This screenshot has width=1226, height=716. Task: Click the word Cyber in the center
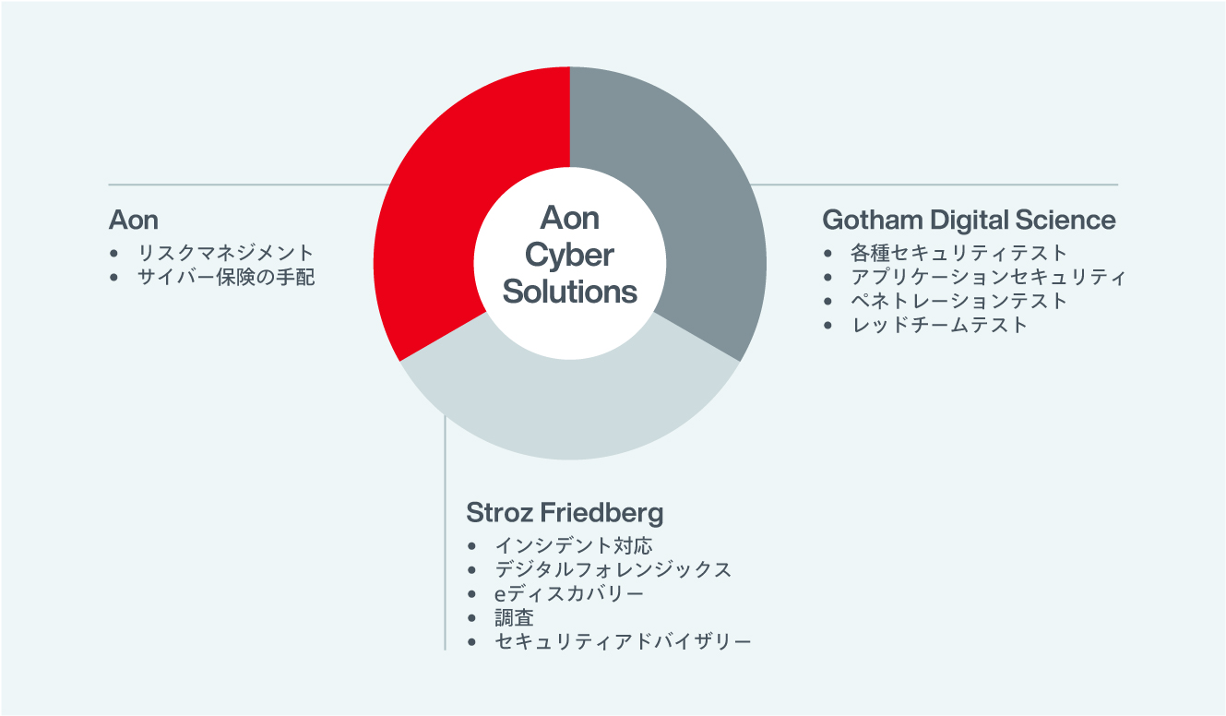click(x=569, y=256)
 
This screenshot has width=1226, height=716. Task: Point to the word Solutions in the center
click(x=570, y=292)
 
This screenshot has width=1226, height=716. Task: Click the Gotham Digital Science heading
click(x=969, y=220)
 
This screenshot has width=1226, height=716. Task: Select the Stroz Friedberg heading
click(x=565, y=513)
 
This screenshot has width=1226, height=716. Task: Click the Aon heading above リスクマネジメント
click(x=134, y=220)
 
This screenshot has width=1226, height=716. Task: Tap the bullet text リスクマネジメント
click(x=225, y=253)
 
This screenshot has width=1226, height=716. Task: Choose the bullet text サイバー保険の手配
click(x=225, y=277)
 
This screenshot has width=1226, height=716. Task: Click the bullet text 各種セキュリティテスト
click(x=958, y=253)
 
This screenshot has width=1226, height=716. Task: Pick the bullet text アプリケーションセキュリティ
click(x=988, y=277)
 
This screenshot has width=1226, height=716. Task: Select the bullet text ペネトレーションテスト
click(x=958, y=301)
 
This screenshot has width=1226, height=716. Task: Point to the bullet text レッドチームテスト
click(x=939, y=325)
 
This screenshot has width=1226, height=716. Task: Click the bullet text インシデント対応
click(x=574, y=545)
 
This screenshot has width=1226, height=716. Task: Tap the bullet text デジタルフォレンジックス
click(x=613, y=570)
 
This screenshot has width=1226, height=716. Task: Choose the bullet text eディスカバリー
click(x=569, y=594)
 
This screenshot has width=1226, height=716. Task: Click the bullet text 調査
click(x=514, y=618)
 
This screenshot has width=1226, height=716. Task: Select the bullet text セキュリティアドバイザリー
click(x=623, y=641)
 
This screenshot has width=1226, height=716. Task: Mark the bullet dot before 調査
click(x=471, y=618)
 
